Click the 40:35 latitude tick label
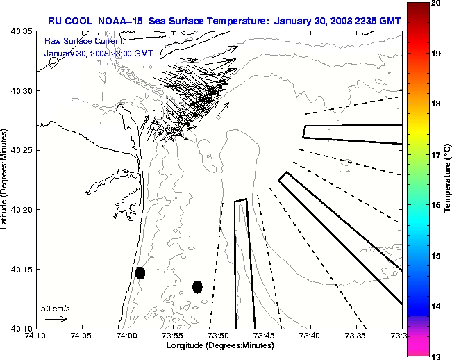coord(22,32)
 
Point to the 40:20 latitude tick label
coord(22,210)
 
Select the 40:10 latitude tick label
coord(22,328)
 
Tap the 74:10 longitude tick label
coord(36,336)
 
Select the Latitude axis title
coord(6,179)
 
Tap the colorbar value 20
coord(435,3)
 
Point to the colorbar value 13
coord(435,356)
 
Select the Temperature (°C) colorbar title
coord(449,179)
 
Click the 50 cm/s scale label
coord(55,308)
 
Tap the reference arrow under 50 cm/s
coord(56,319)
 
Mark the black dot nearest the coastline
coord(140,272)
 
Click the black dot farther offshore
coord(197,286)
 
